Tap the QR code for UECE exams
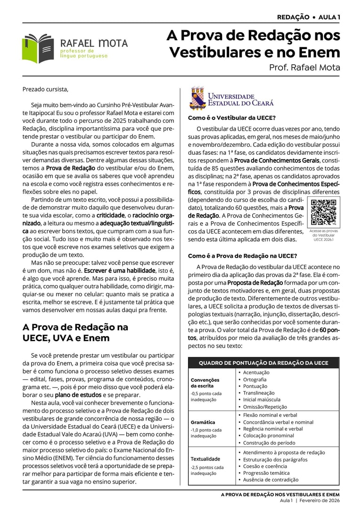323,212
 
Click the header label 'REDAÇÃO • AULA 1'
308,17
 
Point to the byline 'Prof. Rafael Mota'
304,67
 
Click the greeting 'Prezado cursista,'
45,89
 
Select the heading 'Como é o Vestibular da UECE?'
232,118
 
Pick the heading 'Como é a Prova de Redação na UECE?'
242,256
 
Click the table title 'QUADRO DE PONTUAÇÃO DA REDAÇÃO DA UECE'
263,363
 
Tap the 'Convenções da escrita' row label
205,383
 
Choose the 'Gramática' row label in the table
203,422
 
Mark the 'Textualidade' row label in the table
205,459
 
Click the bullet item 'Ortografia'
255,379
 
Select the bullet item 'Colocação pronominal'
268,436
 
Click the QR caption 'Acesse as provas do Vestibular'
323,233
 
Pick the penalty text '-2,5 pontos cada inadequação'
207,470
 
